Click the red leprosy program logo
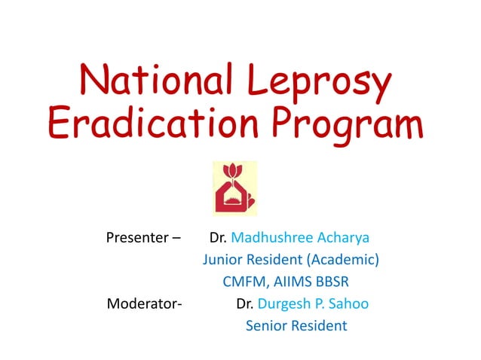234,188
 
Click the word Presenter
137,238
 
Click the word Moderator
143,304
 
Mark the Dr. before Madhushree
219,238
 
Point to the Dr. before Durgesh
245,304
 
